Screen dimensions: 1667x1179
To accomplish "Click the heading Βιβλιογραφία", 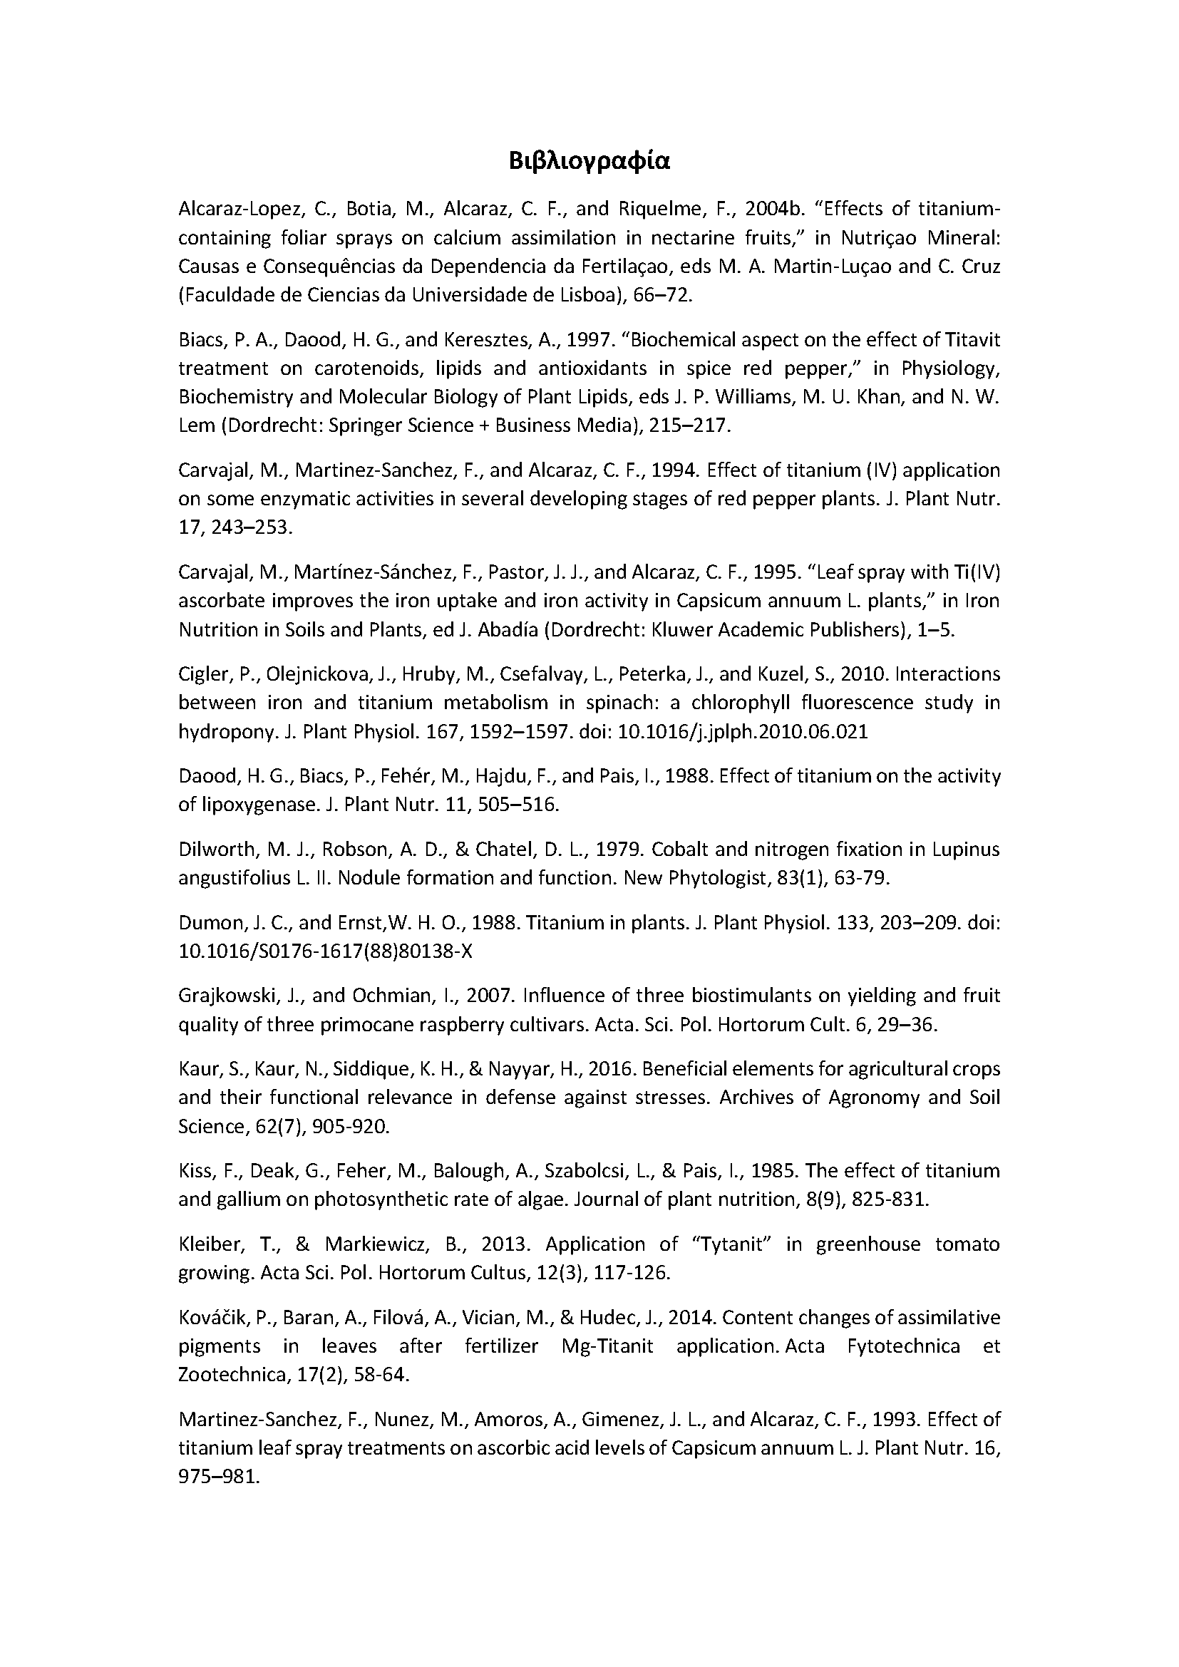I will pyautogui.click(x=589, y=161).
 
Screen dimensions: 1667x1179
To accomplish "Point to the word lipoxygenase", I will pyautogui.click(x=258, y=805).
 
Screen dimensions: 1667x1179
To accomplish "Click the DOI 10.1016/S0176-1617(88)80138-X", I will pyautogui.click(x=325, y=951).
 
